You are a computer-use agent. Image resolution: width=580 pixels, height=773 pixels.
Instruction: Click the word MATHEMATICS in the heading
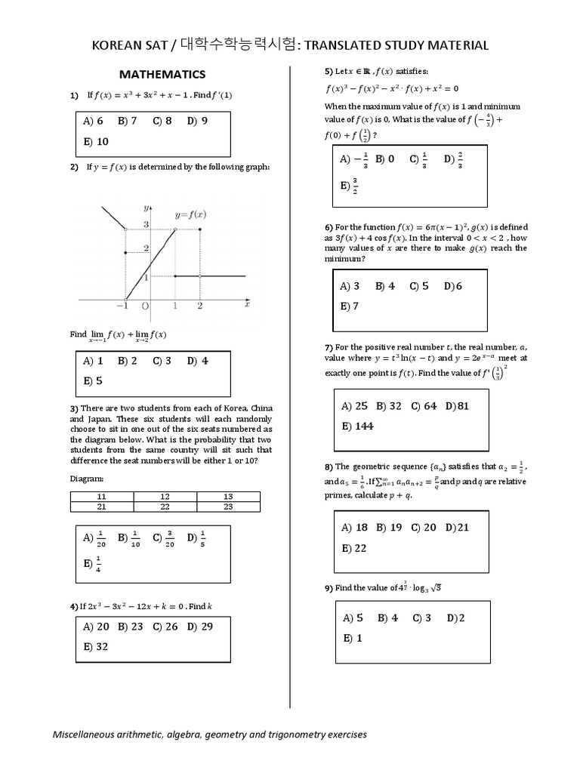pyautogui.click(x=164, y=74)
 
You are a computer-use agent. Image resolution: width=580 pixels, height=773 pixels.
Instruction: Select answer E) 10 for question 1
pyautogui.click(x=96, y=141)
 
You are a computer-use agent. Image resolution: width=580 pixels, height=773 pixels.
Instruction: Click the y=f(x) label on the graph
pyautogui.click(x=190, y=214)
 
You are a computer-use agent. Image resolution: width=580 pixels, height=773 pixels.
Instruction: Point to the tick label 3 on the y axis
pyautogui.click(x=146, y=226)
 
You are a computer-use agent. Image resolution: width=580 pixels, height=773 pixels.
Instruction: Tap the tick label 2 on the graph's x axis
pyautogui.click(x=199, y=306)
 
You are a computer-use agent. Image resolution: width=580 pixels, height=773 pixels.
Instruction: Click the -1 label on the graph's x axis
pyautogui.click(x=123, y=306)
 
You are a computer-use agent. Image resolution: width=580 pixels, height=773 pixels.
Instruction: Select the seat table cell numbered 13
pyautogui.click(x=228, y=496)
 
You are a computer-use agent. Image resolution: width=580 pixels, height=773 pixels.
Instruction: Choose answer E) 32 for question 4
pyautogui.click(x=96, y=647)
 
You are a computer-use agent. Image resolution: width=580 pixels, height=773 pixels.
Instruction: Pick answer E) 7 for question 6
pyautogui.click(x=350, y=306)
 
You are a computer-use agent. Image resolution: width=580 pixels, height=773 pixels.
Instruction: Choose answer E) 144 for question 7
pyautogui.click(x=357, y=426)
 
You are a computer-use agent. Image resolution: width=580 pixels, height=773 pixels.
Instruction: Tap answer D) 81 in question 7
pyautogui.click(x=458, y=406)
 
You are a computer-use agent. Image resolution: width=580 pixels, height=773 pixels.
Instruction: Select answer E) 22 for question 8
pyautogui.click(x=354, y=548)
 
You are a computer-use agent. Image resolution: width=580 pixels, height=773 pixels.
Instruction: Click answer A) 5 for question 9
pyautogui.click(x=353, y=618)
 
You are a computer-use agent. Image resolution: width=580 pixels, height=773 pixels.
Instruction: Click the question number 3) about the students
pyautogui.click(x=75, y=408)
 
